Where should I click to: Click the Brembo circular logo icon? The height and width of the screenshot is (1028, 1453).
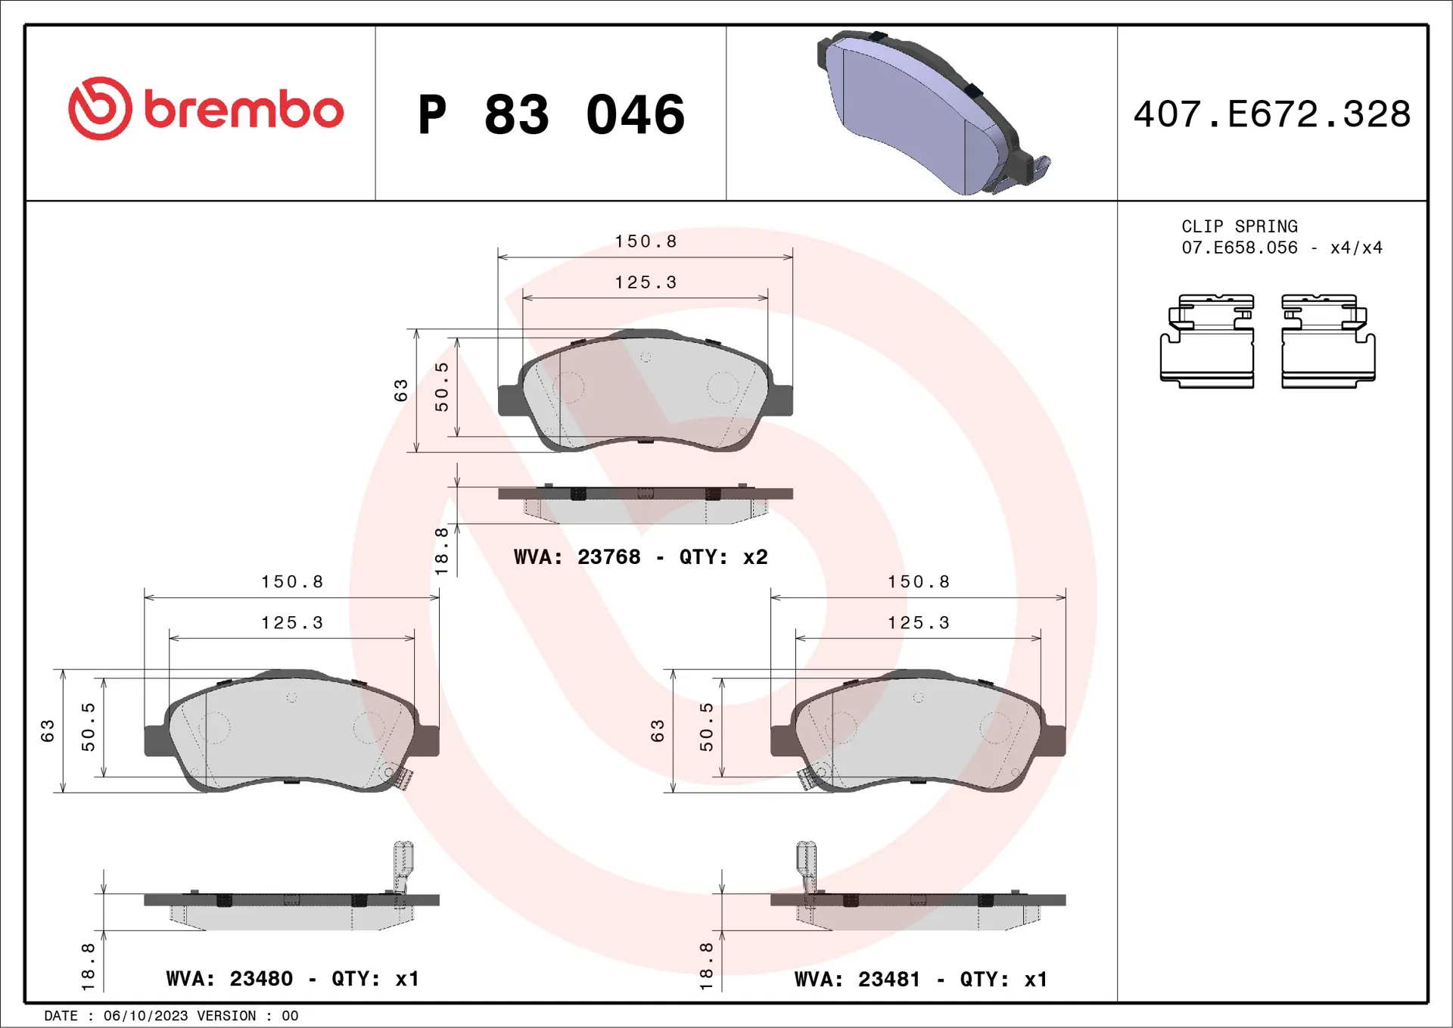[x=100, y=108]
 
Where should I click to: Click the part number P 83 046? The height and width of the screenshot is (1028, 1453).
[x=551, y=115]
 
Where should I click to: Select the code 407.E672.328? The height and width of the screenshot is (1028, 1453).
[x=1271, y=114]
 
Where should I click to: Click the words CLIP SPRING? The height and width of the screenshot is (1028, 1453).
[x=1239, y=226]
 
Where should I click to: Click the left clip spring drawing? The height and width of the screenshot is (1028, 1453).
[x=1207, y=341]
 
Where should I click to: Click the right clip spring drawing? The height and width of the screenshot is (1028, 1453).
[x=1328, y=341]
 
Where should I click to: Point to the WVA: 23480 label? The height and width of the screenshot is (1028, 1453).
[x=229, y=979]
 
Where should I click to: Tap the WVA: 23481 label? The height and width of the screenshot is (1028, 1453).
[x=857, y=980]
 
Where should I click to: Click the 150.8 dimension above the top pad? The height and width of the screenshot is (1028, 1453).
[x=645, y=241]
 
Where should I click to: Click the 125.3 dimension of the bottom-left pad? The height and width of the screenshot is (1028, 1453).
[x=291, y=623]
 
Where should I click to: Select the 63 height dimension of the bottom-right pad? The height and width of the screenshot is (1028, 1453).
[x=657, y=731]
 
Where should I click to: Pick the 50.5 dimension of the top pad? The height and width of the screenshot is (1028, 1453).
[x=441, y=387]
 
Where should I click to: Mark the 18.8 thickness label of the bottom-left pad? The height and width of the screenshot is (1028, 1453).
[x=88, y=967]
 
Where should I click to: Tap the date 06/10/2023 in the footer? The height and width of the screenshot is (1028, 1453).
[x=145, y=1016]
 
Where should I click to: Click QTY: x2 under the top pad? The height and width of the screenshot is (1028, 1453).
[x=723, y=557]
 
